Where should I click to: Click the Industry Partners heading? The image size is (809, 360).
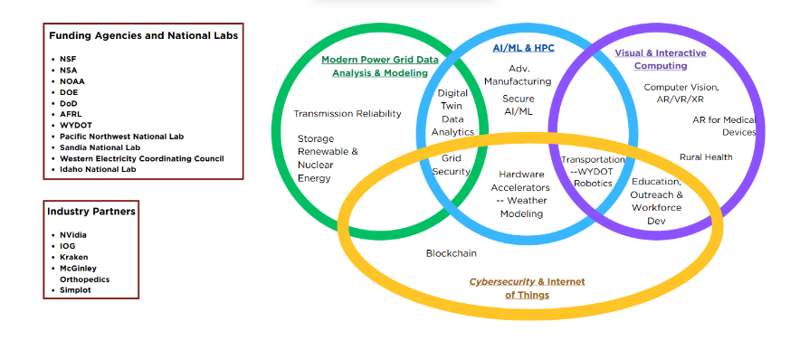[91, 212]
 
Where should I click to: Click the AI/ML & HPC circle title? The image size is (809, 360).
[523, 47]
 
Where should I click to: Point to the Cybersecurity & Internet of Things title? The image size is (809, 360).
[527, 288]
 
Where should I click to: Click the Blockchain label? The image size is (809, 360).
[451, 253]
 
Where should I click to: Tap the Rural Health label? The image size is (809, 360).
[706, 157]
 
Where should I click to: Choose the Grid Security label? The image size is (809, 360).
[451, 165]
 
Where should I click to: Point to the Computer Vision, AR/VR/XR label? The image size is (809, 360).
[681, 93]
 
